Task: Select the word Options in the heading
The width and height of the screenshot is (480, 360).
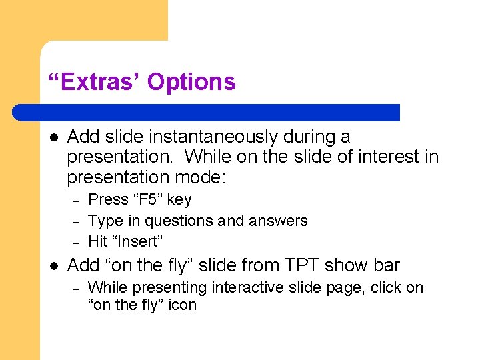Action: pos(191,82)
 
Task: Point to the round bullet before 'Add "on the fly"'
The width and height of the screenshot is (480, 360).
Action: pos(54,265)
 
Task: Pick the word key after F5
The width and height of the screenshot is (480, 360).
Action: pos(179,199)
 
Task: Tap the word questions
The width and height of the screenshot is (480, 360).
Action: pos(175,221)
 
